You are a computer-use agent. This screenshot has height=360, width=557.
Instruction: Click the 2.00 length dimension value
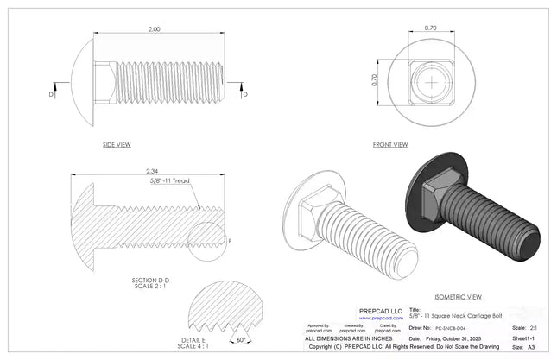point(155,29)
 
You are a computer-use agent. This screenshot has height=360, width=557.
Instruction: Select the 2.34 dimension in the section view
point(152,171)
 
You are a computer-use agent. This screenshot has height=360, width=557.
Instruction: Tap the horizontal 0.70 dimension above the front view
point(431,28)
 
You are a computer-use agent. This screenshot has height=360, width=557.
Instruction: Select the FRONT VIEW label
point(389,144)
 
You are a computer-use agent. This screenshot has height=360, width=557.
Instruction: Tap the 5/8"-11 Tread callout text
point(169,181)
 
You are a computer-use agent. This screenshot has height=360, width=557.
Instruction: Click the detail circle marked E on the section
point(208,240)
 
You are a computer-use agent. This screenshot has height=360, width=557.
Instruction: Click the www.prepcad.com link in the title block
point(381,318)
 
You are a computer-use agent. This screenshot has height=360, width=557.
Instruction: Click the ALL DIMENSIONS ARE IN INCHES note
point(353,339)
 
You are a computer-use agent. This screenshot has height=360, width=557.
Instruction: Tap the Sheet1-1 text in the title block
point(523,339)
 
